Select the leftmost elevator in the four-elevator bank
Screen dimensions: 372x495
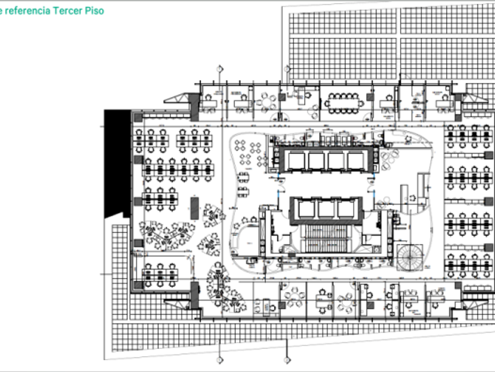click(295, 161)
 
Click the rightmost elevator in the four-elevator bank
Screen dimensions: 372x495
click(355, 161)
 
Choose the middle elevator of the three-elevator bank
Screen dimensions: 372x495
click(324, 208)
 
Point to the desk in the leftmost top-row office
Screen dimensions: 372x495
click(208, 103)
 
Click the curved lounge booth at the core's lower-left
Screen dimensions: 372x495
click(243, 240)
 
